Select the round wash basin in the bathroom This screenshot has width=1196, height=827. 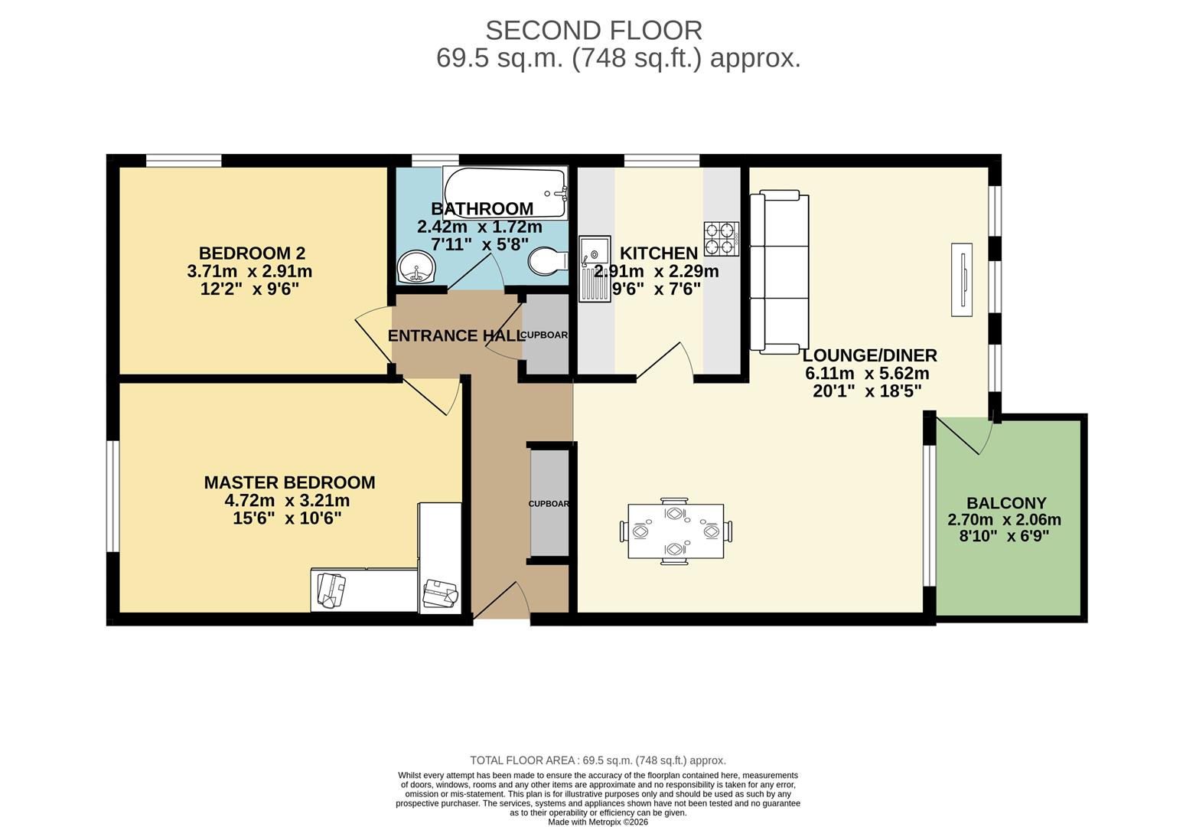pos(416,266)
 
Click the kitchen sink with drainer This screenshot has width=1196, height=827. pos(594,268)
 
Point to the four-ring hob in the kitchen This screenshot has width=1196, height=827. pos(722,238)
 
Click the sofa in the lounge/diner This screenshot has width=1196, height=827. pos(779,273)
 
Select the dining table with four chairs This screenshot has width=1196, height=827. pos(675,531)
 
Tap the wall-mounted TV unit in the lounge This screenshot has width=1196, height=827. pos(961,279)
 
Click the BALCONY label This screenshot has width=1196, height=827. pos(1005,503)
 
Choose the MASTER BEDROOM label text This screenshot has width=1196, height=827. pos(289,482)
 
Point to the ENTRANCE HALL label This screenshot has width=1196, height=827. pos(455,335)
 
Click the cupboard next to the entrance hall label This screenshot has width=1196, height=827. pos(546,335)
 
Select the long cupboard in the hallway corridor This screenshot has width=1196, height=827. pos(549,503)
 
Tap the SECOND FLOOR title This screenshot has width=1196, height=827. pos(594,31)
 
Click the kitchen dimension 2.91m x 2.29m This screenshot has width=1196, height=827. pos(657,271)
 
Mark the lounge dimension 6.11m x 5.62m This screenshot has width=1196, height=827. pos(867,374)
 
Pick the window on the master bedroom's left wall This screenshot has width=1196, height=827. pos(112,495)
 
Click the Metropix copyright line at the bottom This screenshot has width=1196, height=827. pos(598,822)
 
